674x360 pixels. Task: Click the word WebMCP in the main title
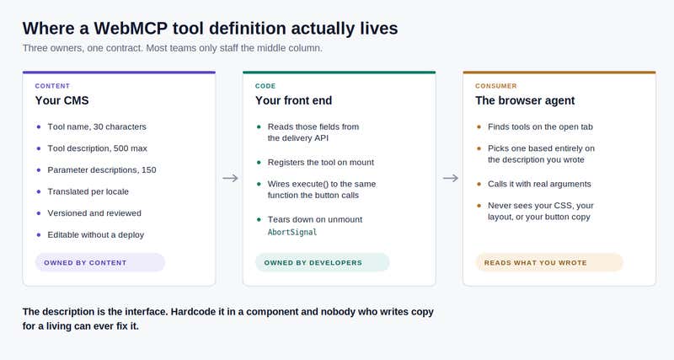pos(130,29)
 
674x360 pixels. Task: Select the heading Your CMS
pos(62,100)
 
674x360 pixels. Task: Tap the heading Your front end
pos(293,100)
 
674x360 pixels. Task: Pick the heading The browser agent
pos(525,100)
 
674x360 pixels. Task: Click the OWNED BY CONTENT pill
pos(100,262)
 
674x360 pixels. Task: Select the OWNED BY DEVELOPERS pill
pos(323,262)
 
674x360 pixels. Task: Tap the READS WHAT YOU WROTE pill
pos(549,262)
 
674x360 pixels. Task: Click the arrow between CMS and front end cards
pos(230,178)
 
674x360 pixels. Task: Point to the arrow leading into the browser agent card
pos(451,178)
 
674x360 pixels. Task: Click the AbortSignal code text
pos(292,232)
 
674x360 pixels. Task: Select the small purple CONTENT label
pos(52,86)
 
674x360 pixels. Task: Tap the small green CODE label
pos(265,86)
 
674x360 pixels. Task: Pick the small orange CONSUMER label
pos(496,86)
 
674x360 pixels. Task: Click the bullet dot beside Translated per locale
pos(39,191)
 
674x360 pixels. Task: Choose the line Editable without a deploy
pos(96,235)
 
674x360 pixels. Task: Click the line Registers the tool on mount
pos(321,162)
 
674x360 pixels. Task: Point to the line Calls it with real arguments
pos(539,184)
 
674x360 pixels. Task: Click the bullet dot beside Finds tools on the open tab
pos(479,126)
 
